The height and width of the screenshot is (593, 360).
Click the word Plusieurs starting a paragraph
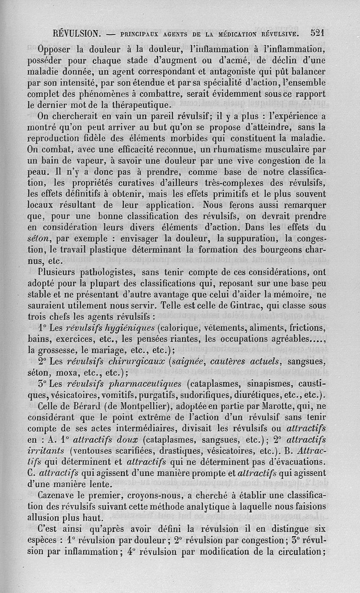click(58, 272)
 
